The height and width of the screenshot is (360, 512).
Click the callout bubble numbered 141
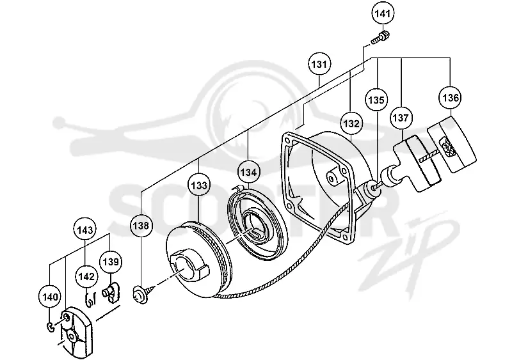click(383, 13)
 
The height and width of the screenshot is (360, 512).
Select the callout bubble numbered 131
click(319, 64)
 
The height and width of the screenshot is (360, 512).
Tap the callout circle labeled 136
click(451, 98)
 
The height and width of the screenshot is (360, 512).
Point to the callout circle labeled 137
click(401, 118)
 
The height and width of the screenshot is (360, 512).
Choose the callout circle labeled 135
click(376, 100)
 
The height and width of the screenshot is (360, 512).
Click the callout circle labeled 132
click(351, 123)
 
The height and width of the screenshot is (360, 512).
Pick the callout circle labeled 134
click(248, 171)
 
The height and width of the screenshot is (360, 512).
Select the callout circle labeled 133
click(199, 185)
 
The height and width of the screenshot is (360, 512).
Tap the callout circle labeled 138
click(141, 226)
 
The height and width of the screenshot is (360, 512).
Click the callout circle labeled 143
click(85, 230)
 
